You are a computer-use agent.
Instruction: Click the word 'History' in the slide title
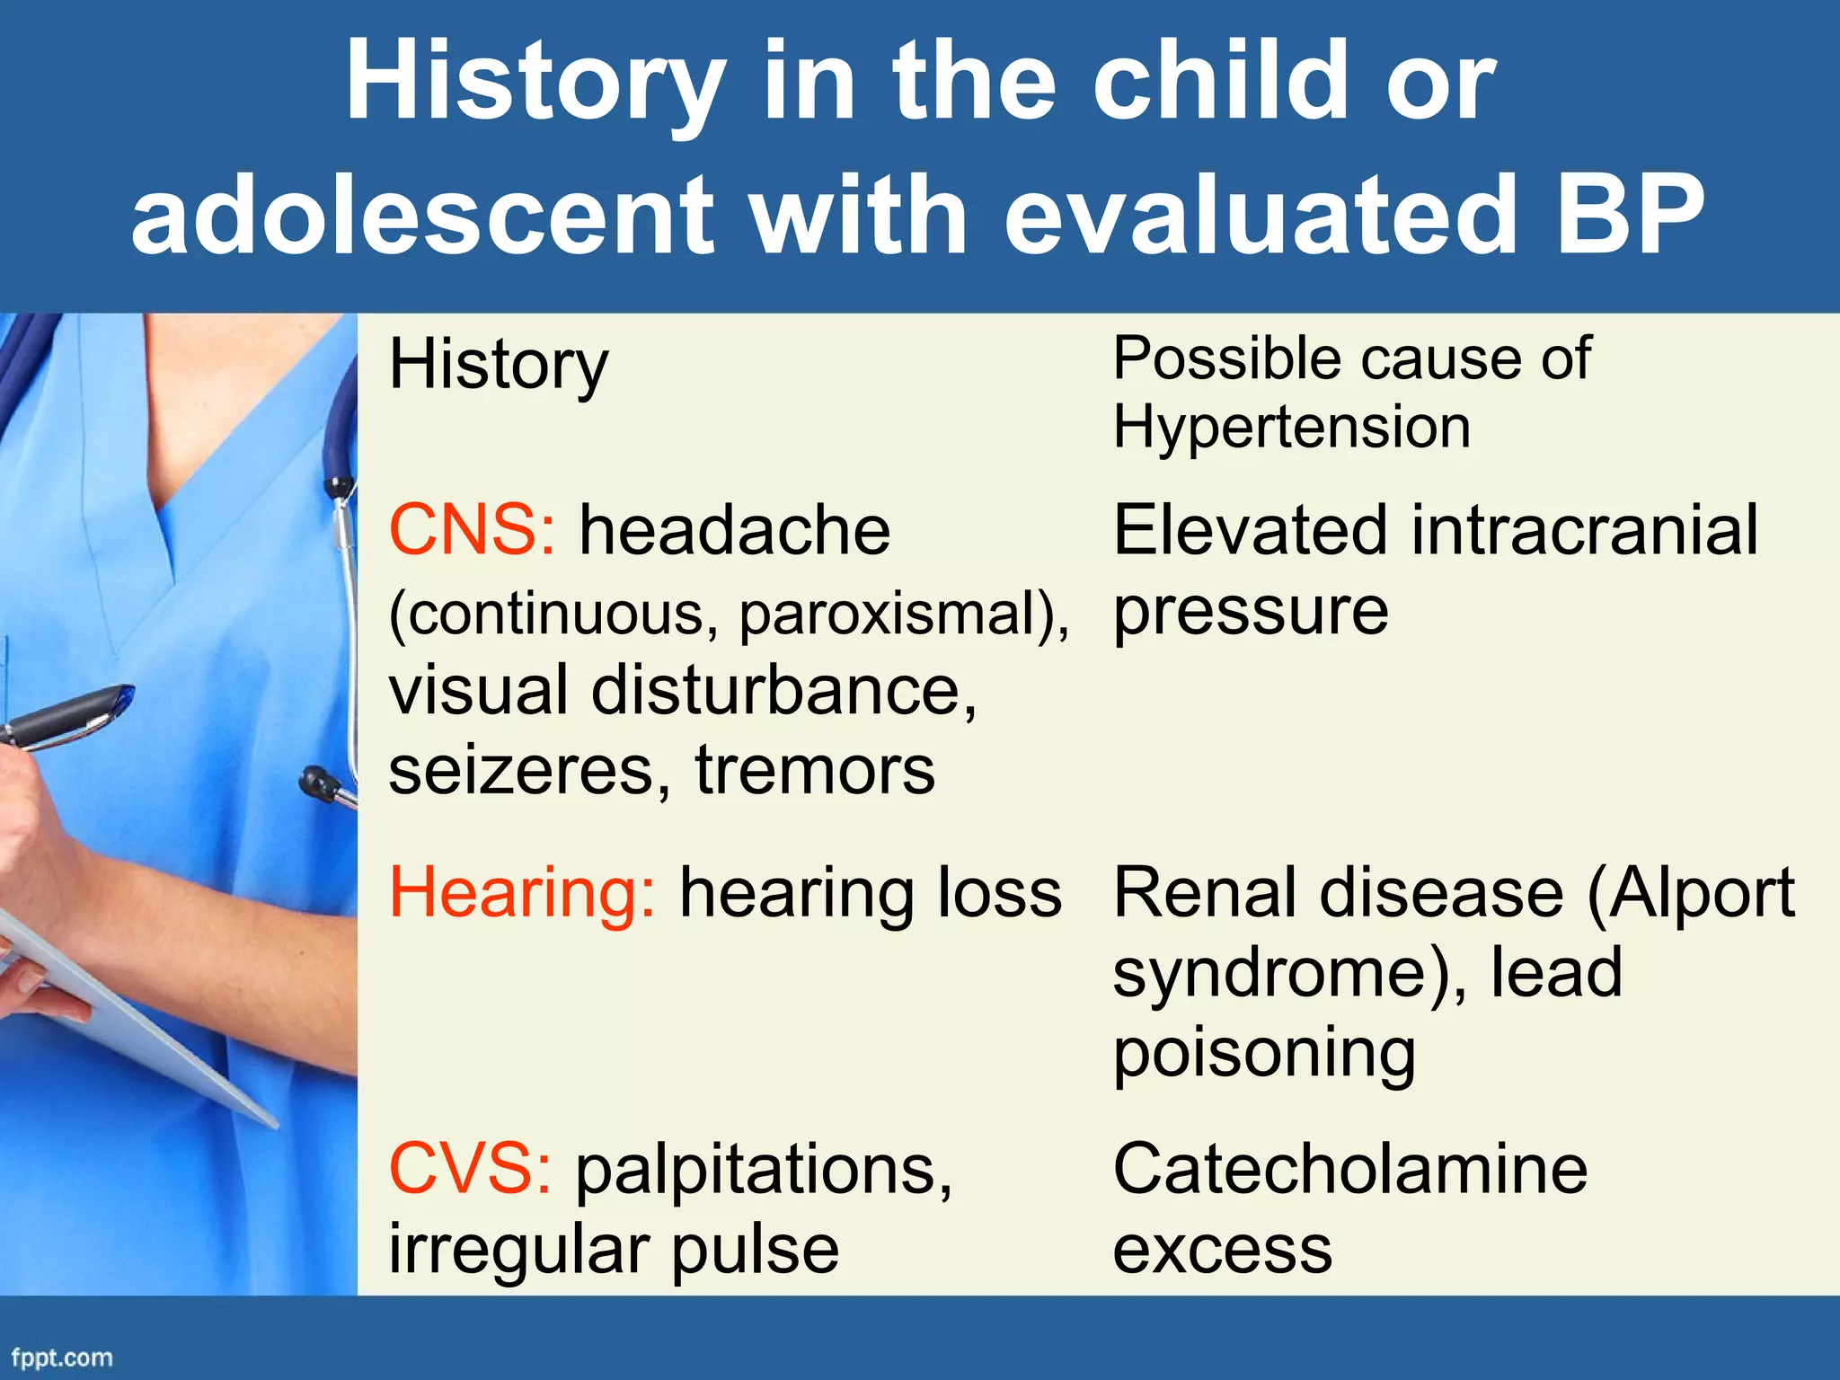[x=535, y=83]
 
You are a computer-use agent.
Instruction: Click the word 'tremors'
[x=815, y=771]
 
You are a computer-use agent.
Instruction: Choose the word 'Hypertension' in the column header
[x=1292, y=427]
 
